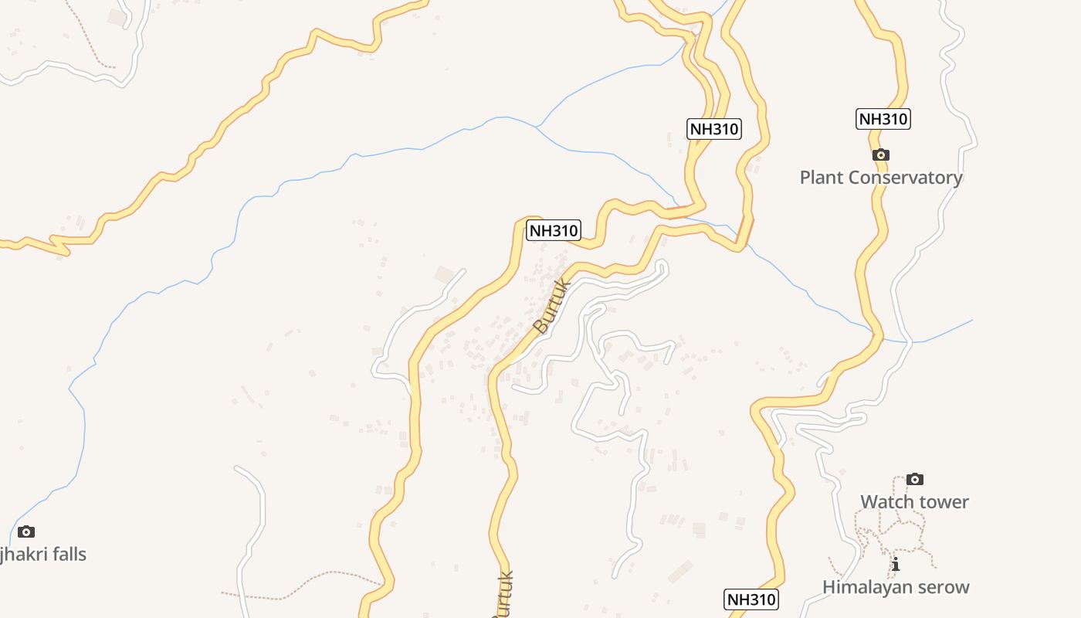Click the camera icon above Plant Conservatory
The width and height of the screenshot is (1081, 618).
880,155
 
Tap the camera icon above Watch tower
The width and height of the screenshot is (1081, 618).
915,479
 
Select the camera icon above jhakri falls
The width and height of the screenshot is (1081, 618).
26,531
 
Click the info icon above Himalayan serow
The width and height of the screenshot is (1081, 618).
896,565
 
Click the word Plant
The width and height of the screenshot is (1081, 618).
822,178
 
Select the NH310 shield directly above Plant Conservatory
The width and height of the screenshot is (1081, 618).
883,119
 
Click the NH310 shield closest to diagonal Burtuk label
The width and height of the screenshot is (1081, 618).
553,230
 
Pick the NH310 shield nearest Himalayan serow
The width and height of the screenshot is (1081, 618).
751,599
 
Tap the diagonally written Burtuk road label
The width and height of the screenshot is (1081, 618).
553,307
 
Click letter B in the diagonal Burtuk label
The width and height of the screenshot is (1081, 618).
540,328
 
